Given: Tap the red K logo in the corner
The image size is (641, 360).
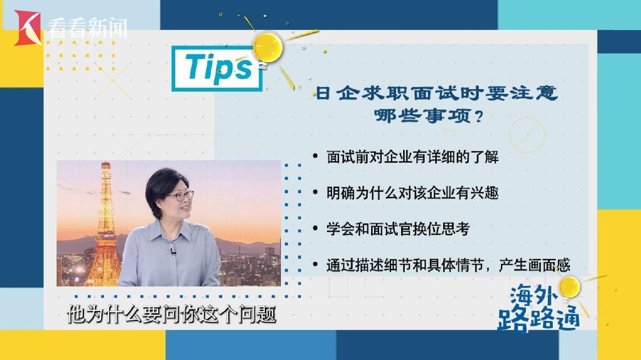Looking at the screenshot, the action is [x=28, y=28].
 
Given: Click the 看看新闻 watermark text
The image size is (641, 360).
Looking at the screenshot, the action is [x=87, y=28].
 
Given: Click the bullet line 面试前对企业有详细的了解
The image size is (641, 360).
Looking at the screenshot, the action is [x=412, y=157].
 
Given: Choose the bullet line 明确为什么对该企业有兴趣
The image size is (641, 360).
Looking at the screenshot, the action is [x=412, y=193].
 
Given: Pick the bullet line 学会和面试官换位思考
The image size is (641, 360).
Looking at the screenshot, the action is [x=398, y=229].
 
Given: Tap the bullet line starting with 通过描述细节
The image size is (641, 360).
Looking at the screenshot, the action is [x=448, y=265].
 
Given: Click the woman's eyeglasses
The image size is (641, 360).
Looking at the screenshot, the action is [x=180, y=196].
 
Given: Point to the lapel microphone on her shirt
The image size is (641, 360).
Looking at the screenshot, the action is [x=173, y=251].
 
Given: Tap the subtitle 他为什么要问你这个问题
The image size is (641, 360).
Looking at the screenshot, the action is [x=171, y=314].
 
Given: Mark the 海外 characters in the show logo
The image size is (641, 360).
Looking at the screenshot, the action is [x=534, y=295].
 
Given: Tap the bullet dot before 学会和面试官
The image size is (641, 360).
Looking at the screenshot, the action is [x=315, y=228].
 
